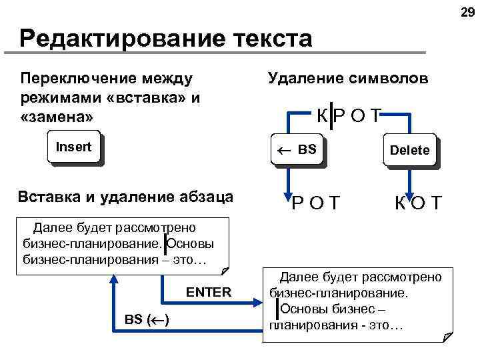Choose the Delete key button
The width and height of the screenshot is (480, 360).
click(x=410, y=150)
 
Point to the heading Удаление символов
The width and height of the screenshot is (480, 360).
click(x=348, y=79)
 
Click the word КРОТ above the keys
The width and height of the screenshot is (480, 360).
click(x=347, y=117)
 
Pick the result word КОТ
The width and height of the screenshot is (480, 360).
click(x=418, y=202)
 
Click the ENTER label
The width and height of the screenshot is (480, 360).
click(x=209, y=292)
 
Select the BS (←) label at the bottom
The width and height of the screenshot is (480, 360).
click(x=147, y=320)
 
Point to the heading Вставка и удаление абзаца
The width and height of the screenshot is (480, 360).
click(x=126, y=197)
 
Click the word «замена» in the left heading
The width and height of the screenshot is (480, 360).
click(x=57, y=115)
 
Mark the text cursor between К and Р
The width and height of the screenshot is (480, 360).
click(x=331, y=117)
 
